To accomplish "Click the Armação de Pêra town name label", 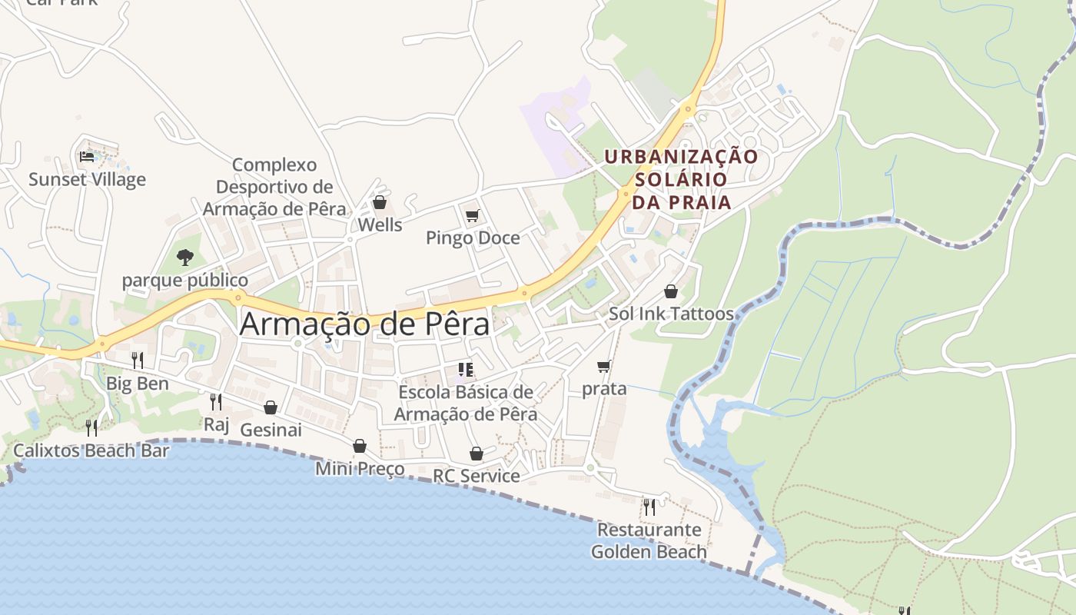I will tap(364, 324).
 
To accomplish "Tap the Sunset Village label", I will tap(87, 179).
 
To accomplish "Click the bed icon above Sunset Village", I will tap(87, 157).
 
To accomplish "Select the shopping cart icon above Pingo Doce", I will tap(472, 215).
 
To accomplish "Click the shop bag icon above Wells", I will tap(379, 202).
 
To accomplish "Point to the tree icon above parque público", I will tap(184, 257).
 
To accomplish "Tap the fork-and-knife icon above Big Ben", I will tap(137, 360).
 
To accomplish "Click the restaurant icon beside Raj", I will tap(216, 401).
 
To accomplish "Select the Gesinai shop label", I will tap(271, 430).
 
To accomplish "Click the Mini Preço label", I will tap(360, 468).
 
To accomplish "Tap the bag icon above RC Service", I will tap(477, 454).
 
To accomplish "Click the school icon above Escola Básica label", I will tap(465, 370).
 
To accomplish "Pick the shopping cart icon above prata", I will tap(604, 367).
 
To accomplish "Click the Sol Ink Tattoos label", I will tap(671, 314).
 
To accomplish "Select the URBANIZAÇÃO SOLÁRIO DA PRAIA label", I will tap(681, 179).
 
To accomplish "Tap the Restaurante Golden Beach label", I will tap(649, 540).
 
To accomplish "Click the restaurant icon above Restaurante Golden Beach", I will tap(649, 507).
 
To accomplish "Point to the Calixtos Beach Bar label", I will tap(91, 450).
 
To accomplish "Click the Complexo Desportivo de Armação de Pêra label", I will tap(274, 187).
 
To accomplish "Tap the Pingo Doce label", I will tap(473, 238).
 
